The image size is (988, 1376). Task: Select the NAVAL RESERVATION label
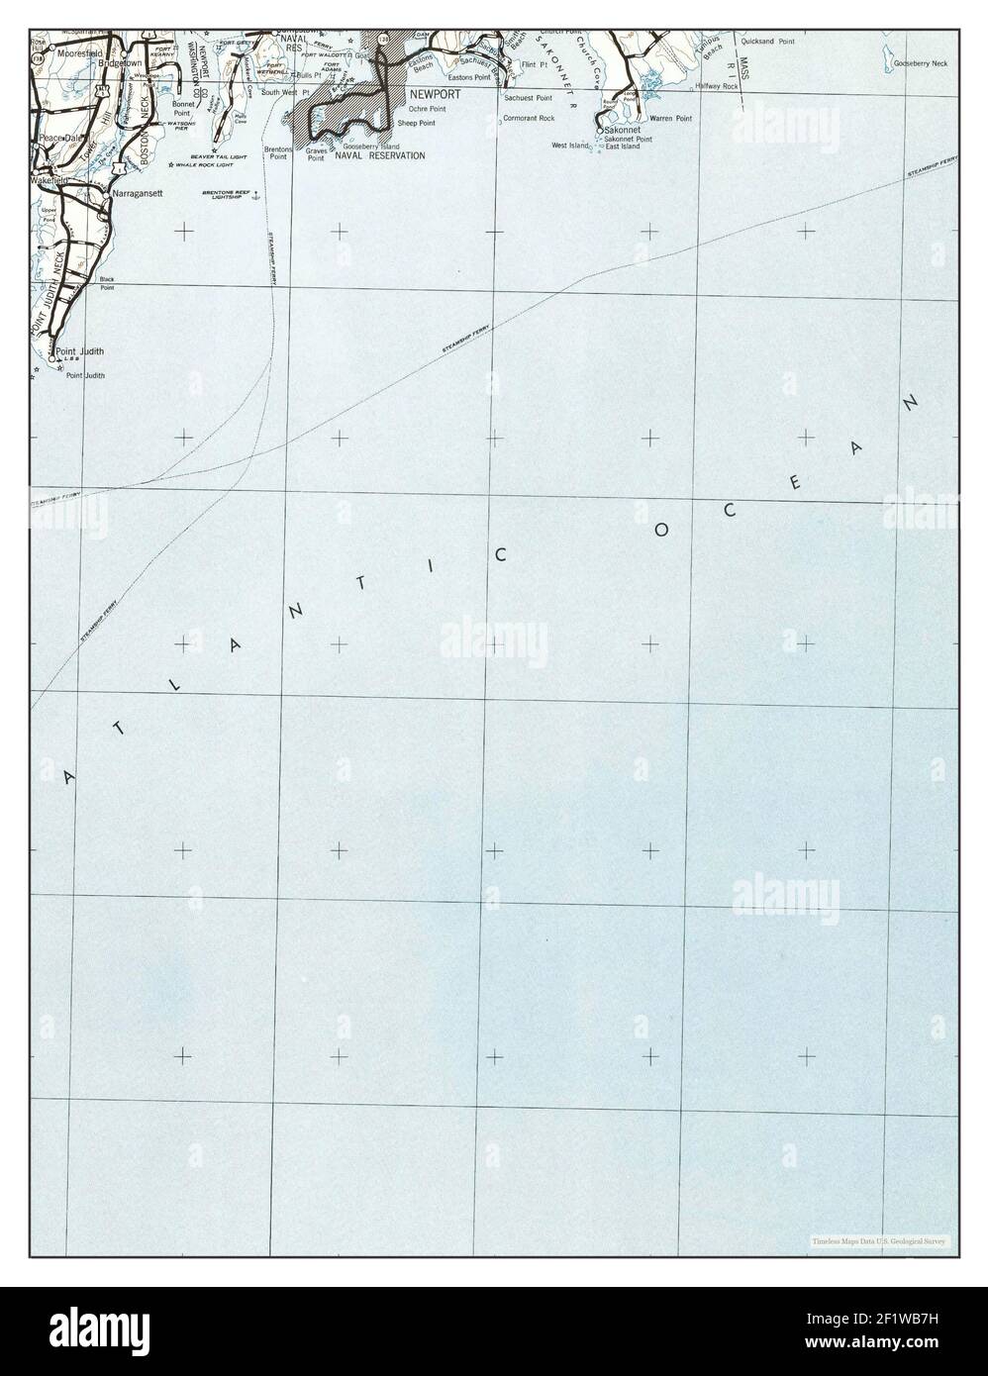pyautogui.click(x=379, y=155)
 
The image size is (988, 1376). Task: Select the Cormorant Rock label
pyautogui.click(x=529, y=118)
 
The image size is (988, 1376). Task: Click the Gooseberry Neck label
pyautogui.click(x=920, y=63)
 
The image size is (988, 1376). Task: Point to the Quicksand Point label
pyautogui.click(x=774, y=43)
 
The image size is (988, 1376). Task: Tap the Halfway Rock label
pyautogui.click(x=717, y=87)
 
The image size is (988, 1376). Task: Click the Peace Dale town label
pyautogui.click(x=59, y=138)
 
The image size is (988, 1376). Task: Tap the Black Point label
pyautogui.click(x=106, y=283)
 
